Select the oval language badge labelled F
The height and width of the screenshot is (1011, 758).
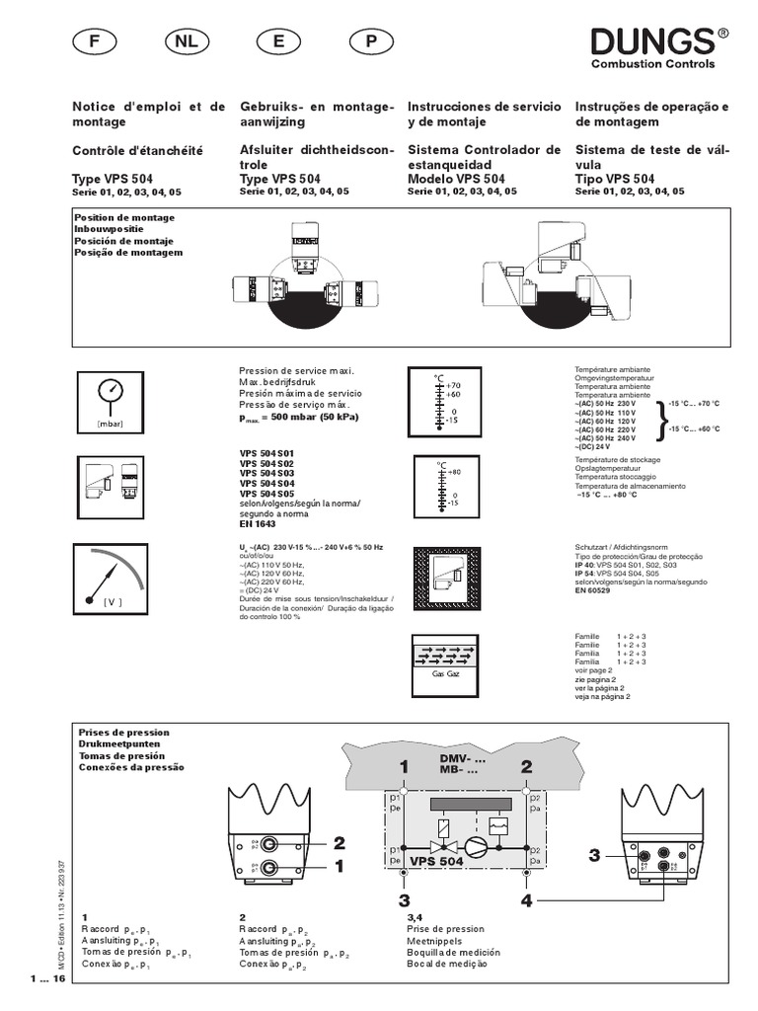(95, 42)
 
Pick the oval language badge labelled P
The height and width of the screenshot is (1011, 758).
(371, 42)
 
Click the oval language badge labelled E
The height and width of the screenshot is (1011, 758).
(278, 42)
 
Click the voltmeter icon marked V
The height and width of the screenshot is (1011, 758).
(112, 582)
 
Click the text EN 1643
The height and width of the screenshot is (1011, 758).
(257, 524)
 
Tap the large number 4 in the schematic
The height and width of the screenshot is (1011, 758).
(526, 900)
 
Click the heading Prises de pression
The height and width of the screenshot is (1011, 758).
(120, 733)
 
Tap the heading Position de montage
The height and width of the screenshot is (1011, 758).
(123, 217)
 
